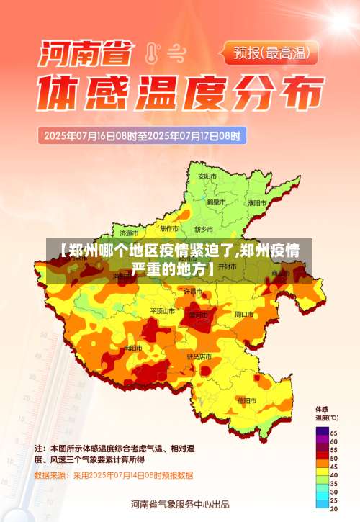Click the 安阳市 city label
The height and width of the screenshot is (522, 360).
[x=207, y=176]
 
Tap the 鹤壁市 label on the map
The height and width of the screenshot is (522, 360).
[x=217, y=203]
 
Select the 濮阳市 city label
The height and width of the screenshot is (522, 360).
[x=257, y=203]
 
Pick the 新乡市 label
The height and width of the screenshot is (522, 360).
[x=204, y=229]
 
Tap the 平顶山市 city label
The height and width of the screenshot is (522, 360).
[x=162, y=311]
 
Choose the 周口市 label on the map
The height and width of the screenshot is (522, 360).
[x=245, y=314]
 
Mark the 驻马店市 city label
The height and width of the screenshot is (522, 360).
[x=199, y=356]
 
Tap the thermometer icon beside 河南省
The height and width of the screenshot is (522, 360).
[x=152, y=52]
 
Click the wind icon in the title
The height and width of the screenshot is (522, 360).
[x=176, y=52]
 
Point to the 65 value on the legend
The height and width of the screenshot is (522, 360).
[x=333, y=431]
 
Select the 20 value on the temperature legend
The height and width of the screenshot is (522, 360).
[x=333, y=508]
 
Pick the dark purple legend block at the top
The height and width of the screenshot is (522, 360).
[x=320, y=431]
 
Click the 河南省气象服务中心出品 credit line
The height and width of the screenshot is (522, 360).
[x=180, y=503]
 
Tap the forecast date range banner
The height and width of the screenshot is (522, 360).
[x=144, y=135]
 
